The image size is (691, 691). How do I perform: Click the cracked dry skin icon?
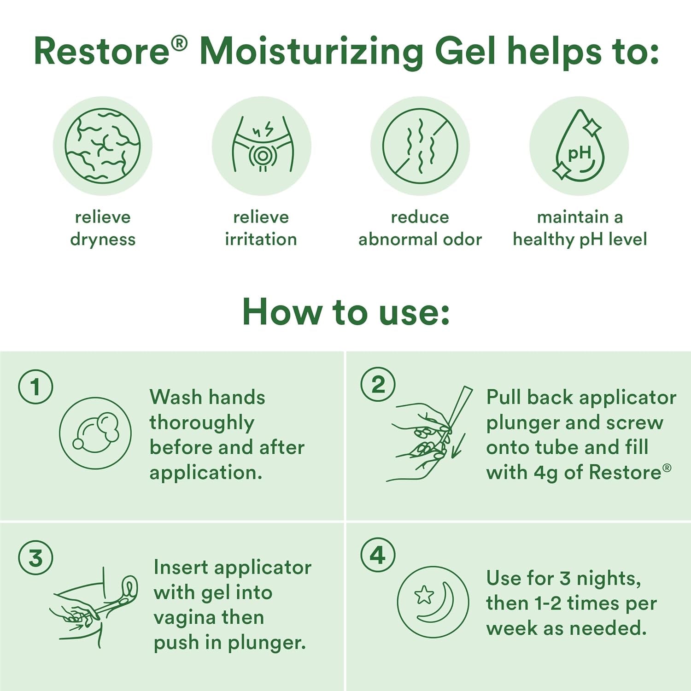tap(102, 146)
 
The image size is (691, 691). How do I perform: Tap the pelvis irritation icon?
tap(261, 146)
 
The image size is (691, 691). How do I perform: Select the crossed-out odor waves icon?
tap(420, 146)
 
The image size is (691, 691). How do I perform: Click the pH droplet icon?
tap(579, 146)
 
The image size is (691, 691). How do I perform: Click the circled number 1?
tap(35, 387)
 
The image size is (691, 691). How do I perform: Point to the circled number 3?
tap(35, 558)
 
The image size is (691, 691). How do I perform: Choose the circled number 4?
tap(378, 555)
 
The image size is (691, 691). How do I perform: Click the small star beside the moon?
tap(424, 595)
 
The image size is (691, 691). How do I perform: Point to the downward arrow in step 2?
tap(458, 446)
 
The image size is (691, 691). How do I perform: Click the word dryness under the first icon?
tap(103, 240)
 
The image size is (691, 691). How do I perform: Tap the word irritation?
tap(261, 240)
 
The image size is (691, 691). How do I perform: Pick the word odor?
tap(462, 240)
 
